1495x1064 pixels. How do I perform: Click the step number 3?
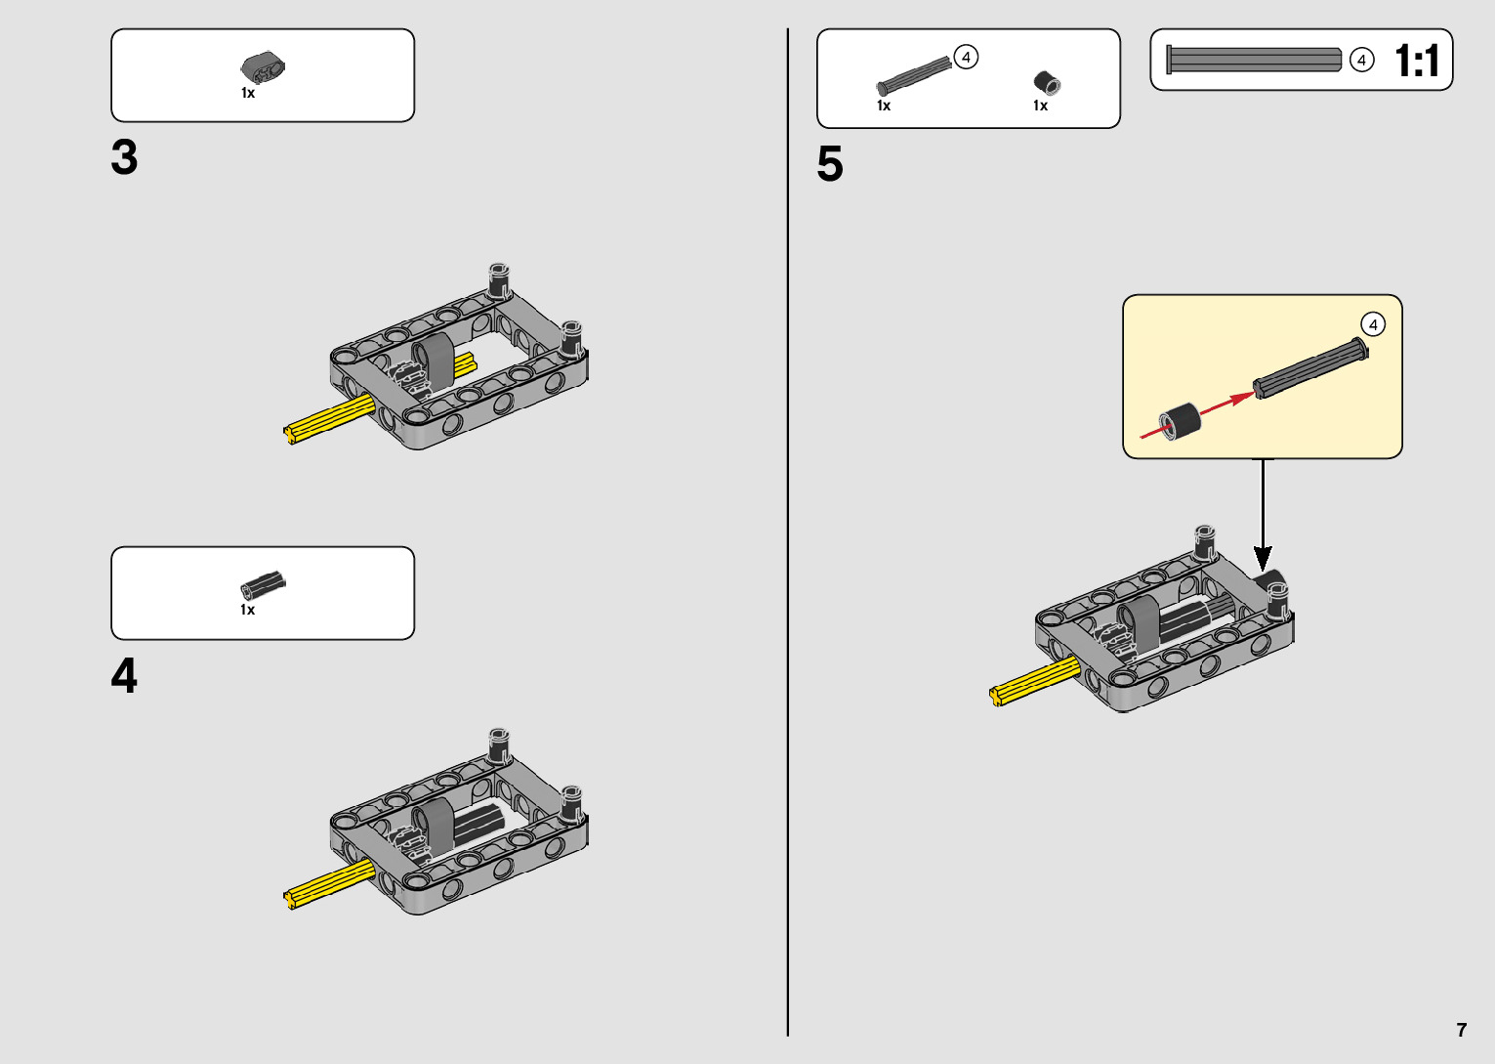click(124, 158)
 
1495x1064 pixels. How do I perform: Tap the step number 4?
click(124, 676)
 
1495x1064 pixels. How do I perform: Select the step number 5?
click(829, 164)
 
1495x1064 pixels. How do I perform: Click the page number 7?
click(1461, 1030)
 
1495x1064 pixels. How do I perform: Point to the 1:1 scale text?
click(1417, 61)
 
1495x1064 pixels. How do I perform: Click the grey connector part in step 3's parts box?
click(263, 67)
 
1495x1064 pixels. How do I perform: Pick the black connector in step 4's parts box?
click(263, 584)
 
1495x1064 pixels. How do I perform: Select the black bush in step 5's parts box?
click(1046, 83)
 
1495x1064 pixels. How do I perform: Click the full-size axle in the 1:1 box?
click(1254, 60)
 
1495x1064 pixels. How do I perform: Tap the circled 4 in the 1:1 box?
click(1361, 61)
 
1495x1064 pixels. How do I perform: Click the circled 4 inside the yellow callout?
click(1373, 324)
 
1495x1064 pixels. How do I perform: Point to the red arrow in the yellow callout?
click(1225, 404)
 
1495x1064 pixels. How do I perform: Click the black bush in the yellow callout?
click(1181, 421)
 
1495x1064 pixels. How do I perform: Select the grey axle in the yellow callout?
click(1309, 367)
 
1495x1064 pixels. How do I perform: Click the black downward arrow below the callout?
click(1263, 518)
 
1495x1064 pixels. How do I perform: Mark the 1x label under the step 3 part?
click(248, 94)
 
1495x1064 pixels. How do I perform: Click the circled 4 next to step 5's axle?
click(966, 58)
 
